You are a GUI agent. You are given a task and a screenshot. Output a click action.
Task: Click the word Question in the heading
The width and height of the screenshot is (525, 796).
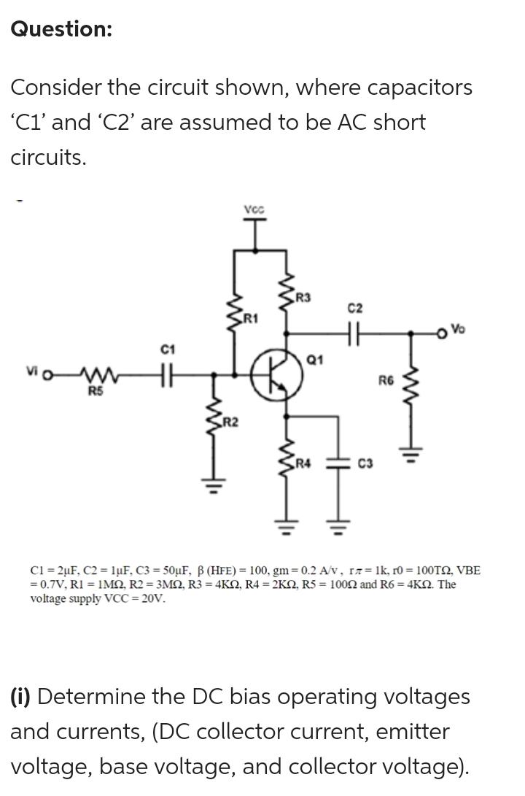coord(61,29)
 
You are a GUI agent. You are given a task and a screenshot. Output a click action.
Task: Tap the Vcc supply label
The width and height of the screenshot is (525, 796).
coord(254,209)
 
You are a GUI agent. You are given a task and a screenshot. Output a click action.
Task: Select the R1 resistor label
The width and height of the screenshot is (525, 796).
coord(251,317)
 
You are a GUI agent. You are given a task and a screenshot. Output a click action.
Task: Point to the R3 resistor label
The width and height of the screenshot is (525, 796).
coord(303,297)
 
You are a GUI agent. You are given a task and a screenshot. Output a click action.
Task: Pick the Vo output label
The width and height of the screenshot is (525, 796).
coord(457,329)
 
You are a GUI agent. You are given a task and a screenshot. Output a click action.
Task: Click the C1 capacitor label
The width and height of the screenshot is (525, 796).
coord(168,351)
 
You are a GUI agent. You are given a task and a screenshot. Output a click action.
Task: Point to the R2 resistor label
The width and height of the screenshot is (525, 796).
coord(229,422)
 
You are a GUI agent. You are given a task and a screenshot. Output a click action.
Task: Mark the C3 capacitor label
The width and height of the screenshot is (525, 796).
coord(368,463)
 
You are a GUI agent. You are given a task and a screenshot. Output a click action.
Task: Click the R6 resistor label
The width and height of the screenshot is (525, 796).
coord(386,379)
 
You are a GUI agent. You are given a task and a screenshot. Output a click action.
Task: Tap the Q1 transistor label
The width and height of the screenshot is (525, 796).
coord(315,359)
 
